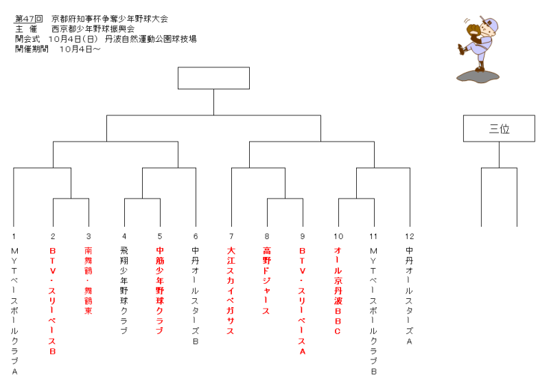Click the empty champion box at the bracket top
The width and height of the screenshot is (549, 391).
213,78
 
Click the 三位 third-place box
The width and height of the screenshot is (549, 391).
499,129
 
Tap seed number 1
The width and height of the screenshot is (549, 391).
14,236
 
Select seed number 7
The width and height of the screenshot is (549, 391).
231,236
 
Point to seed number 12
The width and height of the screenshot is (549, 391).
409,236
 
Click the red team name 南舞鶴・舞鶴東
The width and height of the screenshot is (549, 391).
89,280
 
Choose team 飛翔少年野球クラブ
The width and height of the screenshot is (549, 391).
124,291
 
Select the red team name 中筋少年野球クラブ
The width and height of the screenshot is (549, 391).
160,291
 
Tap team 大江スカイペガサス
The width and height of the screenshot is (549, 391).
231,291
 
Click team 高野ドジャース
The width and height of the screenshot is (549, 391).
266,280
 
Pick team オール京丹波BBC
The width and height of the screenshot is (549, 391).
338,291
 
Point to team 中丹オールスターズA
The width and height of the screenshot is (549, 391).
409,295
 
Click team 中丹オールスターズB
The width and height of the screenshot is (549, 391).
196,295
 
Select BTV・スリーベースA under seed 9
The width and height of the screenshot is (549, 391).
302,300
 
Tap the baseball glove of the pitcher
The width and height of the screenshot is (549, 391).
473,29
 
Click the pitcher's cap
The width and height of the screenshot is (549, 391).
489,23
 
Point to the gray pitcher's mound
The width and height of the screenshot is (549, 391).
478,77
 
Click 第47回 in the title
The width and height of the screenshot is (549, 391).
28,19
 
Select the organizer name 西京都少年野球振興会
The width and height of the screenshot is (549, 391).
93,29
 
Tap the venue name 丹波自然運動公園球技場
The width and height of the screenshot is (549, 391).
150,39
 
